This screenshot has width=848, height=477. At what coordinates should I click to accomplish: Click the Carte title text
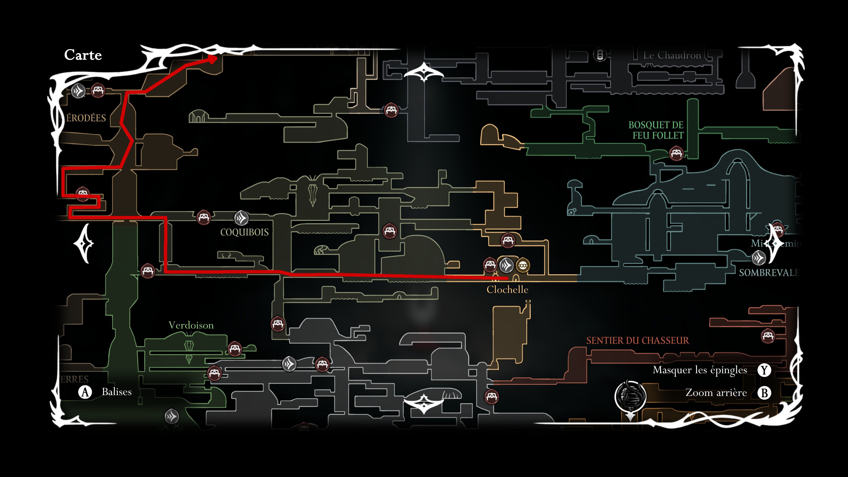coord(83,55)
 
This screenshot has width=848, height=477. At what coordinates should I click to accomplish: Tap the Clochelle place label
coord(507,290)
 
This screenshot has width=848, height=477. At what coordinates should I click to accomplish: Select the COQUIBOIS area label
coord(244,232)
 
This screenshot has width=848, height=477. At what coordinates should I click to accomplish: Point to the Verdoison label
coord(191,326)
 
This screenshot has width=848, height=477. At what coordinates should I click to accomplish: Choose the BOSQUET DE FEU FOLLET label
coord(656,130)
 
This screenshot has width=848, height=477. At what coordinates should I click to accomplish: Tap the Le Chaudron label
coord(672,56)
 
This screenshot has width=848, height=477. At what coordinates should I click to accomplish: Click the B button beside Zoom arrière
coord(764,393)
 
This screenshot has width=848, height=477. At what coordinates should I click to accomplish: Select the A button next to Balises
coord(85,392)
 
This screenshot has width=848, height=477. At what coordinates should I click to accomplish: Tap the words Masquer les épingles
coord(700,370)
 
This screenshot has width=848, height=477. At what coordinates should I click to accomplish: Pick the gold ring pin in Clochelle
coord(522,265)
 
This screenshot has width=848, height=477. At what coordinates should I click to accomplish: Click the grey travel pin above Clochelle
coord(506,265)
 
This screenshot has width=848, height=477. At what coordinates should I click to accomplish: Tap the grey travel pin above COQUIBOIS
coord(241,218)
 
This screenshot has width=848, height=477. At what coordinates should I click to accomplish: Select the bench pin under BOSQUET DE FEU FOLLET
coord(676,153)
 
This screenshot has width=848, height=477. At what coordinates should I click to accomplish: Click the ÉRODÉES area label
coord(86,118)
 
